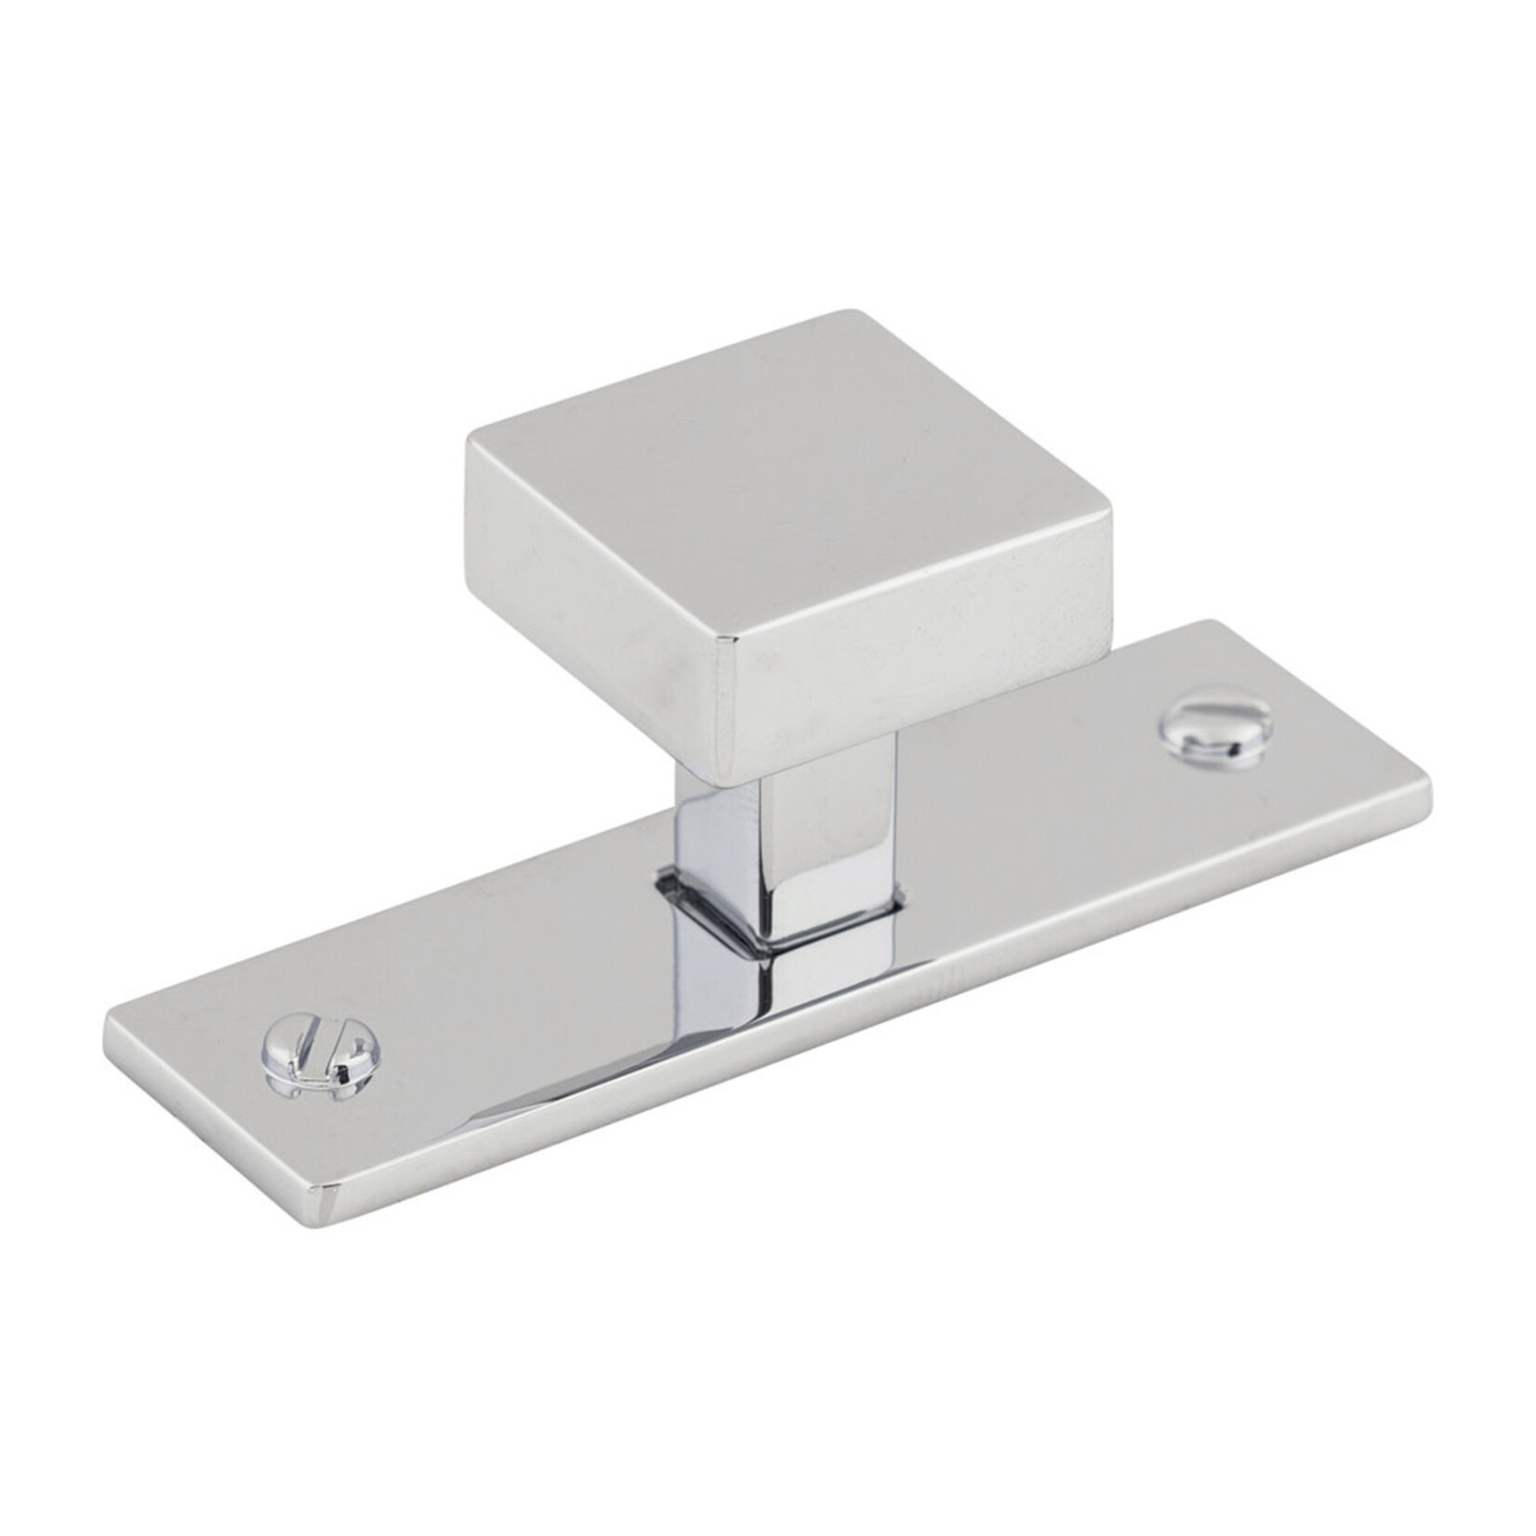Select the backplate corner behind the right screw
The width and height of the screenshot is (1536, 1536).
click(1209, 621)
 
